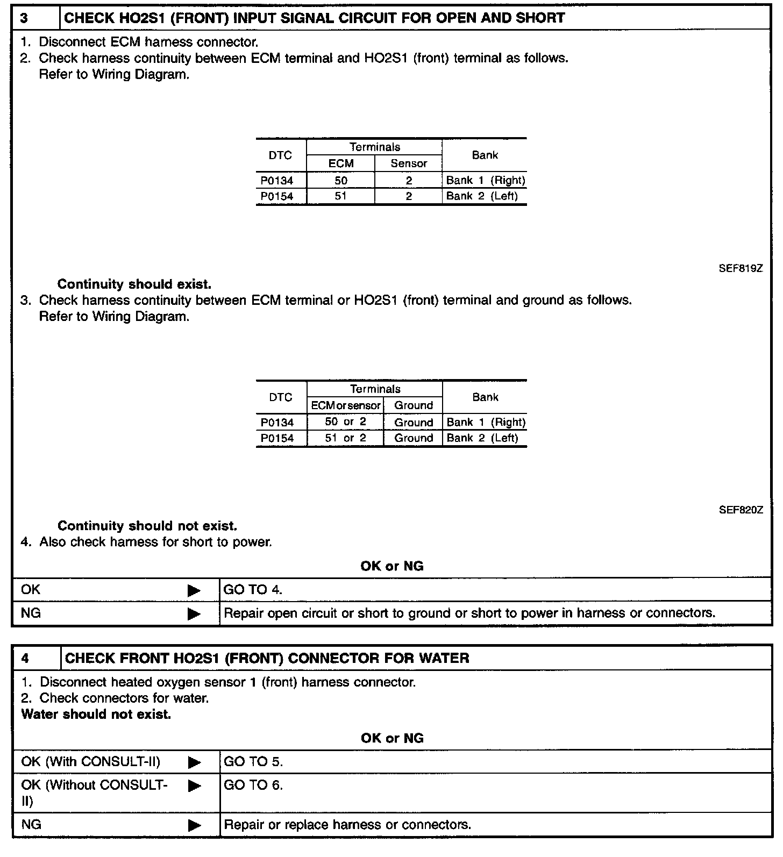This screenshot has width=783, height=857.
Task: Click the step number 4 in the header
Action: (x=25, y=658)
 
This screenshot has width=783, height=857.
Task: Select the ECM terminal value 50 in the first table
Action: (x=341, y=181)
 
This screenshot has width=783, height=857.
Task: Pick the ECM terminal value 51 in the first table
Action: (x=341, y=196)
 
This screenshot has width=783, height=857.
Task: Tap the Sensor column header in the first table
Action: (x=409, y=163)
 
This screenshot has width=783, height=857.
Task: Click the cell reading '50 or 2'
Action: (x=345, y=422)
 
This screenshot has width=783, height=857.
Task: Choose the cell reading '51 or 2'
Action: (x=345, y=438)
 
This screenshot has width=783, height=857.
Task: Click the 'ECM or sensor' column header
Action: (x=346, y=405)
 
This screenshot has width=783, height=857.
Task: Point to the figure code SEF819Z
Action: (x=741, y=268)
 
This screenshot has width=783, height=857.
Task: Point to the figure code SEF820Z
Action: (x=741, y=510)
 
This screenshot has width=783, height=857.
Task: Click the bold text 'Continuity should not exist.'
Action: (x=147, y=526)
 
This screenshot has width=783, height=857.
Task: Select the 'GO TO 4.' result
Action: (x=253, y=590)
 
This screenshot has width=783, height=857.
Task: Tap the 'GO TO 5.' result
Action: (x=253, y=762)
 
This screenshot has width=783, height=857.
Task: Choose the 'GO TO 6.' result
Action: (x=253, y=785)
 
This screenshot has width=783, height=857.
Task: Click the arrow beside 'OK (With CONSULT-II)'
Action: (x=194, y=762)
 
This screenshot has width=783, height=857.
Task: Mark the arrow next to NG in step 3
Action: (x=194, y=613)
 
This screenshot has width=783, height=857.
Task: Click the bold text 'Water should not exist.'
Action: (x=96, y=715)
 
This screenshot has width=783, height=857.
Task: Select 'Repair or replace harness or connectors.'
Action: (x=347, y=825)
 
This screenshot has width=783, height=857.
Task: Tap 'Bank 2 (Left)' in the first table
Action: (x=482, y=196)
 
